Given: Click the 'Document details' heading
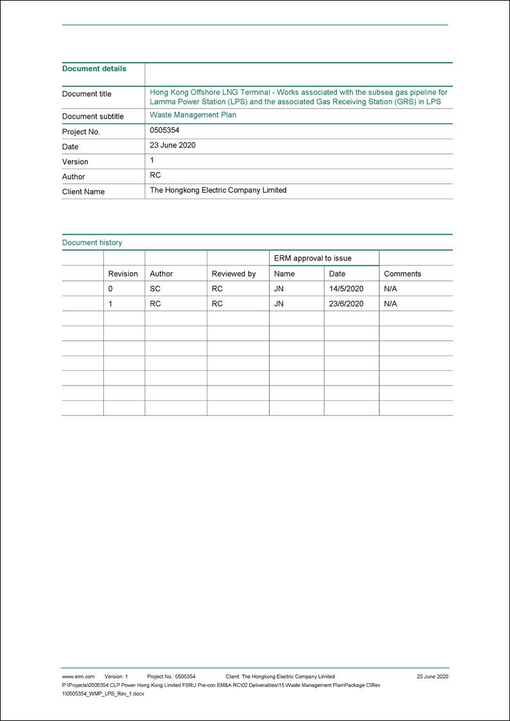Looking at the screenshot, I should (94, 69).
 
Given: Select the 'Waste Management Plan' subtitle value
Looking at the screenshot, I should (193, 115).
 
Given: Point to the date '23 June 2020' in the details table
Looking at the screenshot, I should (172, 145).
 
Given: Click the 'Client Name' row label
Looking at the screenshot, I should (83, 192).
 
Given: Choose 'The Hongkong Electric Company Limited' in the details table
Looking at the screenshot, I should (218, 190).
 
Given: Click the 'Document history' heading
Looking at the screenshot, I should (92, 242).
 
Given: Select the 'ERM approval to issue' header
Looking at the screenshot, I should (313, 258).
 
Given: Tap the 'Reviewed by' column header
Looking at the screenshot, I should (233, 274).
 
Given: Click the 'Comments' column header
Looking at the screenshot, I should (402, 274).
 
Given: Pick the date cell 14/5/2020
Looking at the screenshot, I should (346, 289).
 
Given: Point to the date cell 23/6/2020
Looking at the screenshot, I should (346, 304).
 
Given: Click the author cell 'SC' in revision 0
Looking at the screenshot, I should (155, 289).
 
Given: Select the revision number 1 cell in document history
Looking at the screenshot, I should (110, 304).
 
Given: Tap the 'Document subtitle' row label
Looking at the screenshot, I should (92, 117).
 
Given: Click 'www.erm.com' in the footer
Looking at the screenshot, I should (78, 677).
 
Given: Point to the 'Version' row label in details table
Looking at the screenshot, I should (75, 162).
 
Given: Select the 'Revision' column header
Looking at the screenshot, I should (122, 274).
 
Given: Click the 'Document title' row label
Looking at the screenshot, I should (86, 94).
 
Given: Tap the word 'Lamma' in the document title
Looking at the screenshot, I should (162, 101).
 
